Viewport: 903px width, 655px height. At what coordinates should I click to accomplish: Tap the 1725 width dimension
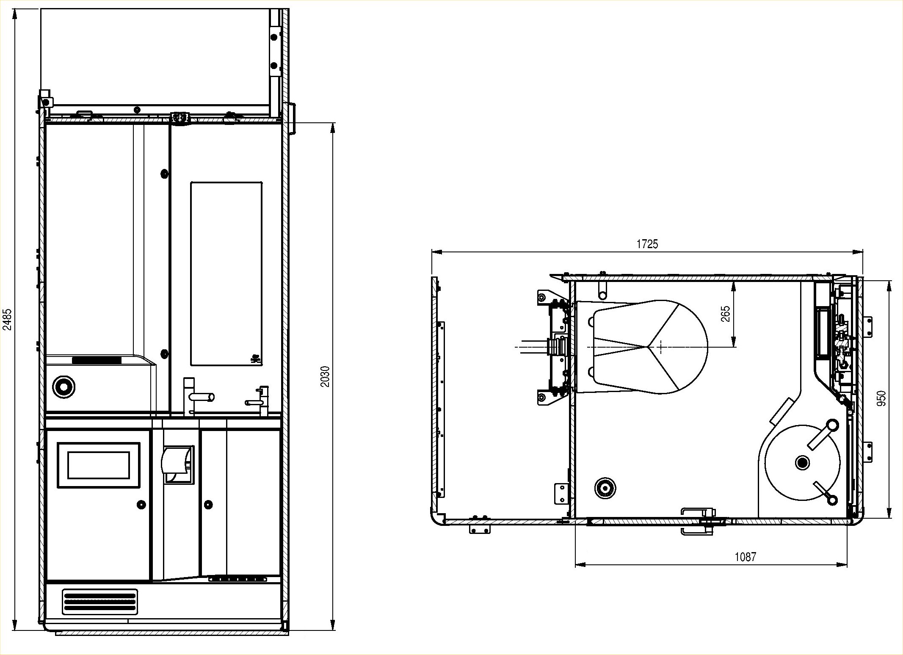tap(647, 244)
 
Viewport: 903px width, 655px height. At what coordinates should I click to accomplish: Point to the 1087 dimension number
tap(745, 557)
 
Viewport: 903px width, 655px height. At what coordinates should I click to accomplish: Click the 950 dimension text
tap(881, 399)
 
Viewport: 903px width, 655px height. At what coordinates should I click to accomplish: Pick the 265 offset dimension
tap(726, 314)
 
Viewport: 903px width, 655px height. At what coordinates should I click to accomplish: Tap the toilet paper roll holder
tap(177, 464)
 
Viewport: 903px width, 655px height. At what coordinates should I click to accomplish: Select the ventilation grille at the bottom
tap(100, 602)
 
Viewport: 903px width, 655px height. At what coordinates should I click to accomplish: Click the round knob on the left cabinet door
tap(141, 504)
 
